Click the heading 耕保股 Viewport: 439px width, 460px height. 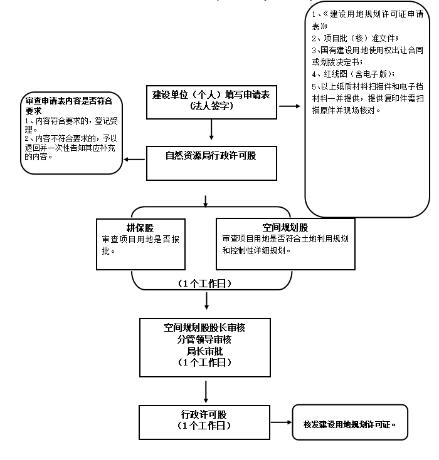point(140,228)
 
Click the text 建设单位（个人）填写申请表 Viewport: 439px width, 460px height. point(211,95)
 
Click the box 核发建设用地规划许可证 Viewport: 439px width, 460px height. point(349,423)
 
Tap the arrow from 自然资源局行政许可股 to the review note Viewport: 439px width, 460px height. point(134,159)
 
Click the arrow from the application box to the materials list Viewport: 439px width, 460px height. point(290,106)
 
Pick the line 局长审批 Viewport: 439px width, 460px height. point(205,351)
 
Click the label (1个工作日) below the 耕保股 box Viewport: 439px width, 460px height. point(205,284)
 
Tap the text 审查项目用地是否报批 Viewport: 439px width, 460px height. point(140,245)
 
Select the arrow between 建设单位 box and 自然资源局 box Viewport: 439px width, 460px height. point(211,130)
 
